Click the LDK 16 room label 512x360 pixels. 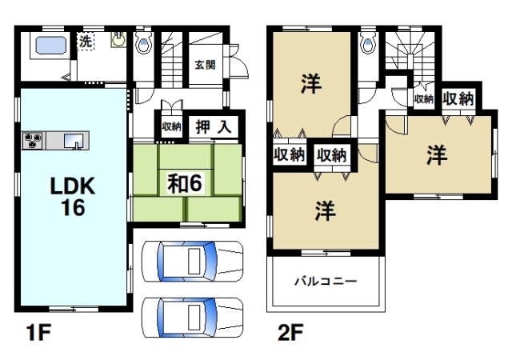(x=74, y=193)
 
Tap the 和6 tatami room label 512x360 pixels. (x=189, y=182)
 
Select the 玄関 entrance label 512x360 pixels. (x=203, y=66)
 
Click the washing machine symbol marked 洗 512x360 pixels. (x=84, y=42)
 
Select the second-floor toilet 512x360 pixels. (x=367, y=42)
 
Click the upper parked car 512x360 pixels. (x=191, y=259)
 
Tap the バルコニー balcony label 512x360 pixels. (x=325, y=282)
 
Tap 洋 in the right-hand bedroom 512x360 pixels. (x=436, y=155)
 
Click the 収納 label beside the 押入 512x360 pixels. (x=172, y=126)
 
